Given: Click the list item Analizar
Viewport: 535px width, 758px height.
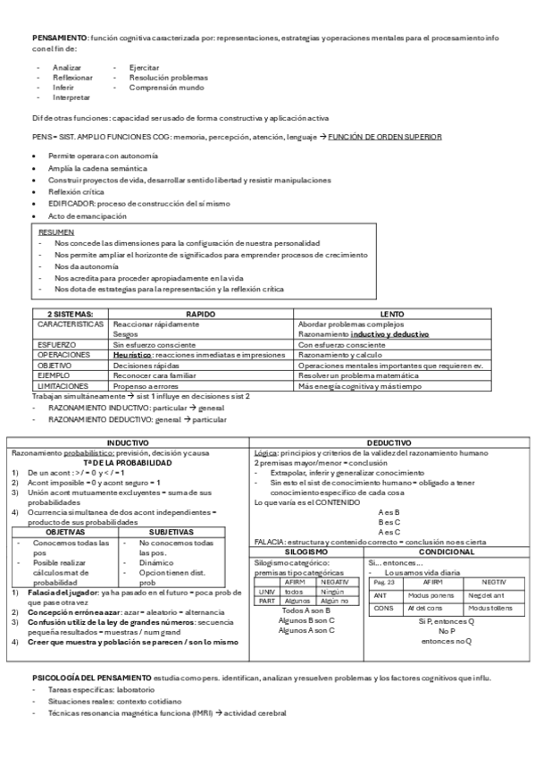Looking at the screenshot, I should point(67,68).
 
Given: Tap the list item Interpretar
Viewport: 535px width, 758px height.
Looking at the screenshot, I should point(72,97).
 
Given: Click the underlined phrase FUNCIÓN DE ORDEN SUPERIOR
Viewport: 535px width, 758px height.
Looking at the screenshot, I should point(384,136).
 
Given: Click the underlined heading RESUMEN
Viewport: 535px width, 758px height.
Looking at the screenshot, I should point(56,232).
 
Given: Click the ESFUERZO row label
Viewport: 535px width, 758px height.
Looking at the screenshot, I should point(55,343).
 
